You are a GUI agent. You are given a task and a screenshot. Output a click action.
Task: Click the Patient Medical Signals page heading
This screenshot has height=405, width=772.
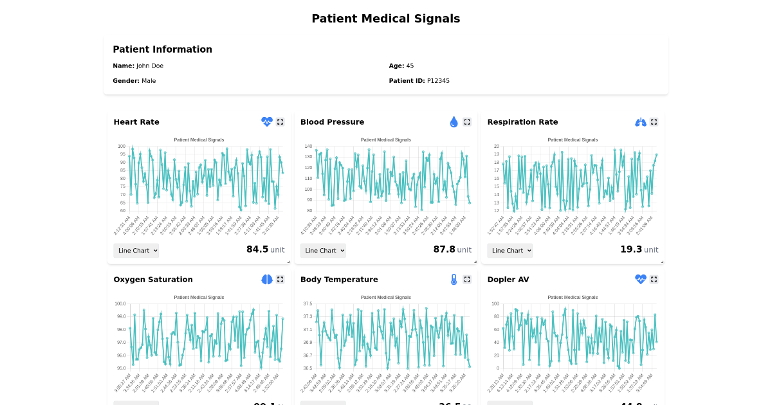(385, 19)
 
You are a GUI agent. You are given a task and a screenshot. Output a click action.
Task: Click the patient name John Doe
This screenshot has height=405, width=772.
(150, 66)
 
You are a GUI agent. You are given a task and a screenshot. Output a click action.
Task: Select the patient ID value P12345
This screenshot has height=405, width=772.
(438, 81)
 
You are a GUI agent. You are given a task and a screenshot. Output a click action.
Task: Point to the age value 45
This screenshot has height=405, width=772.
(410, 66)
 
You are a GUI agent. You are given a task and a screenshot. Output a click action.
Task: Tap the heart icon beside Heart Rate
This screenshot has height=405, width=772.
(266, 122)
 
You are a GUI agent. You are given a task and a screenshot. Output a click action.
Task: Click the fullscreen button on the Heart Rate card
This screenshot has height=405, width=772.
(280, 122)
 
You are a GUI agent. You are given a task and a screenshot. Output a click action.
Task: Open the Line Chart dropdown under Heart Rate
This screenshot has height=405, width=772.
(136, 251)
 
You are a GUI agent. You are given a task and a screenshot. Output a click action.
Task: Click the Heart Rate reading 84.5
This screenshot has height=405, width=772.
(257, 249)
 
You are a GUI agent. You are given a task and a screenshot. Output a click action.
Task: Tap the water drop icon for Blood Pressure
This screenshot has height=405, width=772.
(454, 122)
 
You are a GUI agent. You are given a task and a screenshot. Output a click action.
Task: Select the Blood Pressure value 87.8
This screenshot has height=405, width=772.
(444, 249)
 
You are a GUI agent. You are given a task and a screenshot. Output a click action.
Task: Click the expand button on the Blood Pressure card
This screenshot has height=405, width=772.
(467, 122)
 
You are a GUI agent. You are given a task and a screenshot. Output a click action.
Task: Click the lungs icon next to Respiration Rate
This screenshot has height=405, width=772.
(640, 122)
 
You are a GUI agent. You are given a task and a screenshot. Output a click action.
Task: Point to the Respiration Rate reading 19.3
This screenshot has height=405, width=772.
(630, 249)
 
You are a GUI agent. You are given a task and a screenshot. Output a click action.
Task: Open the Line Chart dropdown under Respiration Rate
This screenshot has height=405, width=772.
(510, 251)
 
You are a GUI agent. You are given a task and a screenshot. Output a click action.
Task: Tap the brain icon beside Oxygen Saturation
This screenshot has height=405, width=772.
(266, 279)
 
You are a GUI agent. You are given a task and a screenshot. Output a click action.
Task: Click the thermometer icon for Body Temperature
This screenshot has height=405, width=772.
(454, 279)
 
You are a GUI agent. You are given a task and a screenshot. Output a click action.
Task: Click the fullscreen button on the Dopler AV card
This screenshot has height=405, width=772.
(654, 279)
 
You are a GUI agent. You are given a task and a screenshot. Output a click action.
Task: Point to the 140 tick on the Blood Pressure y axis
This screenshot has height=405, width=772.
(308, 147)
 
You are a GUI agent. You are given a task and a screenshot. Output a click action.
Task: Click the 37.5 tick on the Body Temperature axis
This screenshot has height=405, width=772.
(308, 303)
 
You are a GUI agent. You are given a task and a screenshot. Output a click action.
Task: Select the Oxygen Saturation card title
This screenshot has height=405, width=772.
(153, 280)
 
